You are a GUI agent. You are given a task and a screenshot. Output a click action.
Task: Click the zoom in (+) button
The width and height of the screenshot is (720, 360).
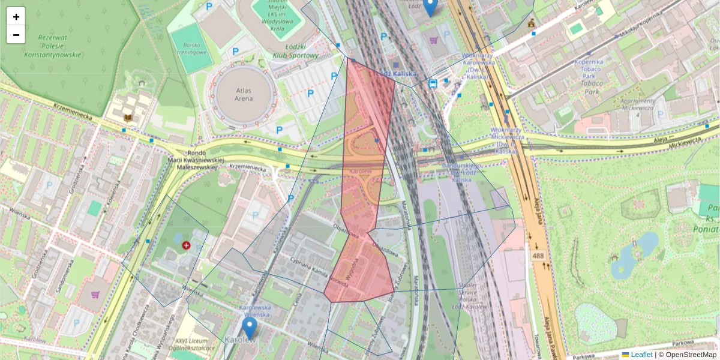[16, 17]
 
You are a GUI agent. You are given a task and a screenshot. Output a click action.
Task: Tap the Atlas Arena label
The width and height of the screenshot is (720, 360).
[244, 95]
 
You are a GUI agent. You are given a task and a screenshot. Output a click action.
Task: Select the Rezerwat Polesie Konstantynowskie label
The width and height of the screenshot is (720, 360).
[52, 46]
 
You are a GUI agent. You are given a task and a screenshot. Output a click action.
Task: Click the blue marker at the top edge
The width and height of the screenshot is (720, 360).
[430, 7]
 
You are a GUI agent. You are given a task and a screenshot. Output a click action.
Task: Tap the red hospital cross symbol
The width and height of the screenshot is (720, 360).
[186, 245]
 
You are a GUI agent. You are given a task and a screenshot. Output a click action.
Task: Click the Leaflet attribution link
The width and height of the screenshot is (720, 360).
[641, 355]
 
